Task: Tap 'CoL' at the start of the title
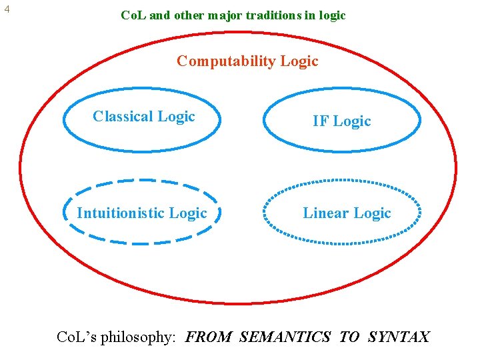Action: coord(134,15)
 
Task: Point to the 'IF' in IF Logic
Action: coord(321,121)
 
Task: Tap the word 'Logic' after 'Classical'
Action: coord(176,117)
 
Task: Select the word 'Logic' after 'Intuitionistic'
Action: coord(188,213)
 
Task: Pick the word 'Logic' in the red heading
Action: coord(299,61)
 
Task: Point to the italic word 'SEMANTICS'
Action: coord(285,337)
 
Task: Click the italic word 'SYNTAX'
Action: coord(399,337)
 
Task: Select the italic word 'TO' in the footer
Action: coord(349,337)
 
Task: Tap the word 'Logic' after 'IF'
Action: coord(352,121)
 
